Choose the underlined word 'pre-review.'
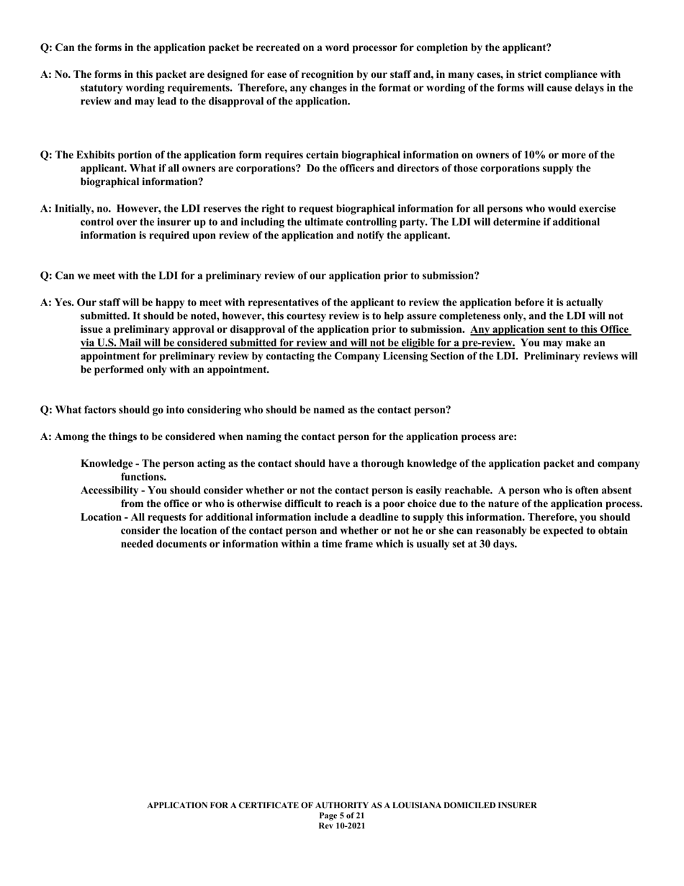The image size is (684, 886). click(483, 343)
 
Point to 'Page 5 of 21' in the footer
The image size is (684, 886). click(342, 815)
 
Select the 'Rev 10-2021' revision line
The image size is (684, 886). click(342, 825)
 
